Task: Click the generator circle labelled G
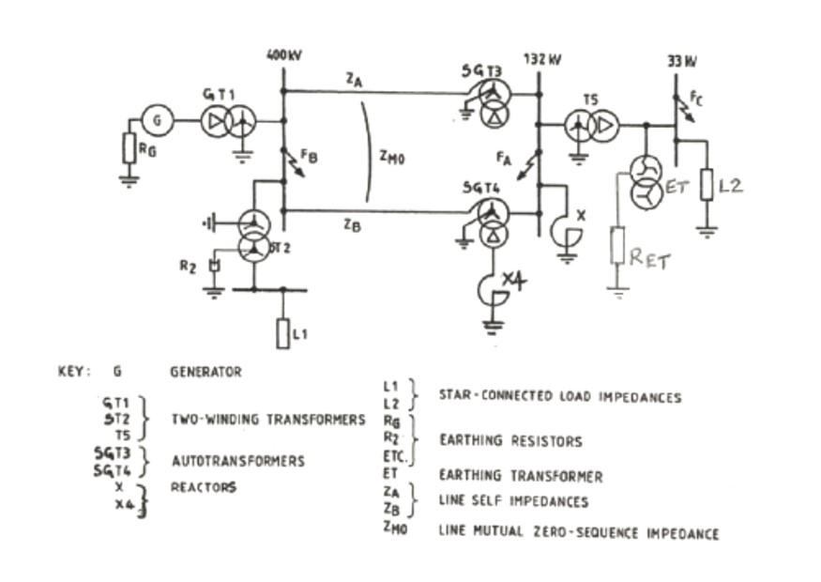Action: [x=158, y=120]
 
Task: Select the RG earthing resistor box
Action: [x=129, y=148]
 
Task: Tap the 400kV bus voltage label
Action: [x=282, y=56]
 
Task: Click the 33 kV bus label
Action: [x=681, y=61]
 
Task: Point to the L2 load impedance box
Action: [x=707, y=185]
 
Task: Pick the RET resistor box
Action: [x=617, y=246]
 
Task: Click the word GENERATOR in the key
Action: [x=205, y=372]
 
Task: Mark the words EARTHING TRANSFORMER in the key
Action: [x=520, y=477]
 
